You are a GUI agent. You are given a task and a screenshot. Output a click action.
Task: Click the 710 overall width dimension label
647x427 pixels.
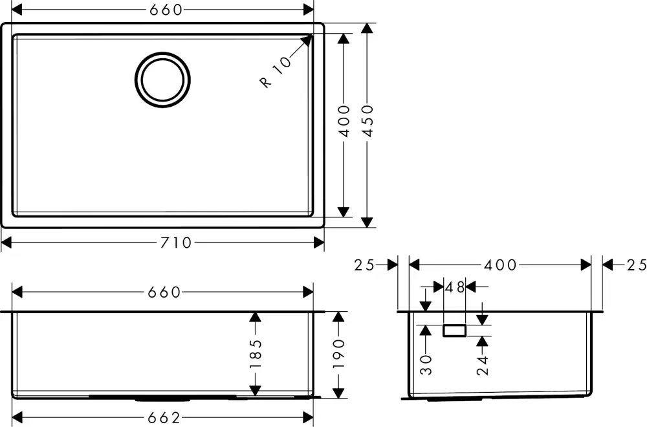pos(176,243)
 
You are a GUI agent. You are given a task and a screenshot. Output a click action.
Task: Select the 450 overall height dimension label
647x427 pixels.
pos(367,121)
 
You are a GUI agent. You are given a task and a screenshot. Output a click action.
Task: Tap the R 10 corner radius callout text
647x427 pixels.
pos(275,72)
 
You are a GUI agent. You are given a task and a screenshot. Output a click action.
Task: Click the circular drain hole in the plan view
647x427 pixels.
pos(162,80)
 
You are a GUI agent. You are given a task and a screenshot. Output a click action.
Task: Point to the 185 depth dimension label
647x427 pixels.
pos(256,354)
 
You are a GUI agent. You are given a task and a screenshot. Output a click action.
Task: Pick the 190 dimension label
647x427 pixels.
pos(338,354)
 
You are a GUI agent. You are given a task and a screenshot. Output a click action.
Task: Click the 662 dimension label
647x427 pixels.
pos(164,418)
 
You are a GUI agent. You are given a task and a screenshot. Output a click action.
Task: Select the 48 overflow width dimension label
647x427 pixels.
pos(455,287)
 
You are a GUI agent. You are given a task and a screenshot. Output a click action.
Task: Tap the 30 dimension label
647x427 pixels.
pos(426,365)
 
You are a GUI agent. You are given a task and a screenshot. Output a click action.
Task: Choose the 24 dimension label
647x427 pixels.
pos(483,366)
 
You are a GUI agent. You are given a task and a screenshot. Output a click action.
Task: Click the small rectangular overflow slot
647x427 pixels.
pos(454,331)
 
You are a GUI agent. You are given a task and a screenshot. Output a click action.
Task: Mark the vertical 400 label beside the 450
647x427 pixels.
pos(344,121)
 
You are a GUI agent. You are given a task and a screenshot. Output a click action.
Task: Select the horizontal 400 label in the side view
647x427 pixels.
pos(500,265)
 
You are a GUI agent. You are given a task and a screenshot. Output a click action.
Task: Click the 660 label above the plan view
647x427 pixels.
pos(166,10)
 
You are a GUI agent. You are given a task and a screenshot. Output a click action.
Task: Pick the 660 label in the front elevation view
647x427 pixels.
pos(164,292)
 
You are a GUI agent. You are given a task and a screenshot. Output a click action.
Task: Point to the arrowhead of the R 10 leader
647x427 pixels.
pos(307,39)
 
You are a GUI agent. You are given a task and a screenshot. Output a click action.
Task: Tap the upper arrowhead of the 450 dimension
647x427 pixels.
pos(367,28)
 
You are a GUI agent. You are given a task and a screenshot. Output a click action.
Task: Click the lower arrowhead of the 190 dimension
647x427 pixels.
pos(338,393)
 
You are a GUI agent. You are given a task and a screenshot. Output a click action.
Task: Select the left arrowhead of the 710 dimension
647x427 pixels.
pos(7,243)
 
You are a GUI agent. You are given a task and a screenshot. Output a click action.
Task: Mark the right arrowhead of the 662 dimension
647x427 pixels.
pos(308,418)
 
